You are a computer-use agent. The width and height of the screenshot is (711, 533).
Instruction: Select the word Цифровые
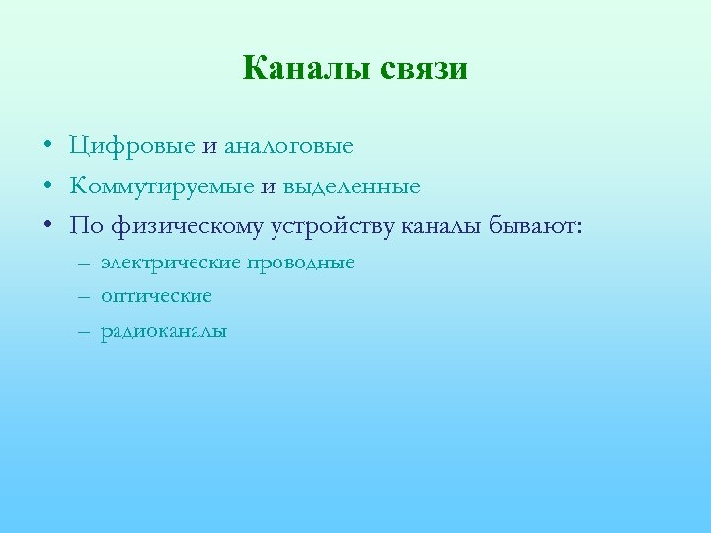pyautogui.click(x=132, y=147)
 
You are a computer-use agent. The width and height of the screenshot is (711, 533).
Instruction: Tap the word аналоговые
pyautogui.click(x=288, y=147)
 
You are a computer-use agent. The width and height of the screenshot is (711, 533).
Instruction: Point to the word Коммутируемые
pyautogui.click(x=162, y=187)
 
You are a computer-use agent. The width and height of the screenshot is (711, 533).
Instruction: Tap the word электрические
pyautogui.click(x=170, y=264)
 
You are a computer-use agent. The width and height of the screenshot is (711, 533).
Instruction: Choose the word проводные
pyautogui.click(x=300, y=264)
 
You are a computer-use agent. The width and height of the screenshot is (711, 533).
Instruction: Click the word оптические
pyautogui.click(x=156, y=296)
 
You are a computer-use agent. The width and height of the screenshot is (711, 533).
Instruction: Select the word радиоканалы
pyautogui.click(x=164, y=331)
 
